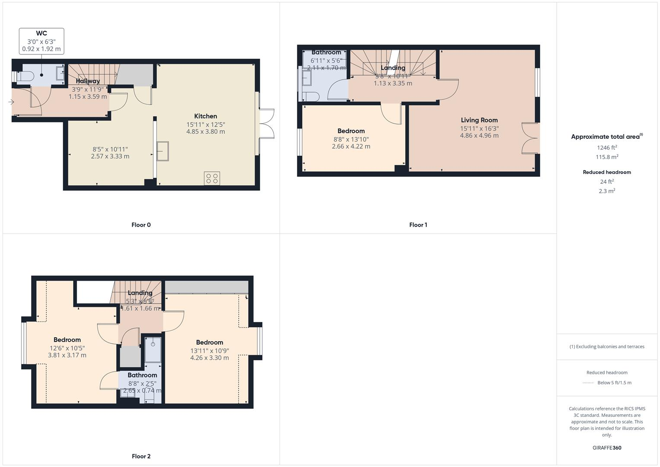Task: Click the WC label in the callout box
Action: (x=41, y=33)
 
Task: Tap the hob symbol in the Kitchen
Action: (x=212, y=179)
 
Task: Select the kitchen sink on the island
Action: (x=163, y=151)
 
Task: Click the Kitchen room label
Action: (x=205, y=116)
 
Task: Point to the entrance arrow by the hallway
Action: (x=11, y=102)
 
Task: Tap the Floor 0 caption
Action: (x=141, y=225)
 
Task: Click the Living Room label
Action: (x=479, y=120)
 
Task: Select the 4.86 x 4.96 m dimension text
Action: (x=479, y=135)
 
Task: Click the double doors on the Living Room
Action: (x=530, y=138)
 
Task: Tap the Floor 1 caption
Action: (x=418, y=225)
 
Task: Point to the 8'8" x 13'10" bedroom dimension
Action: (x=351, y=139)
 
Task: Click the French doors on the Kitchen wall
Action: (x=267, y=123)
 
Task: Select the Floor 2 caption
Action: (x=141, y=456)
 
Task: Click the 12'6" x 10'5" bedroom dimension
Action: (x=67, y=348)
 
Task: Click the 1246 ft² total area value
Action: (x=607, y=147)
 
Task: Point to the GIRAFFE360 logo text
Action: (x=607, y=448)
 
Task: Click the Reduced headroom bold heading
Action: (x=607, y=172)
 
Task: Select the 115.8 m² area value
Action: (x=607, y=157)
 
